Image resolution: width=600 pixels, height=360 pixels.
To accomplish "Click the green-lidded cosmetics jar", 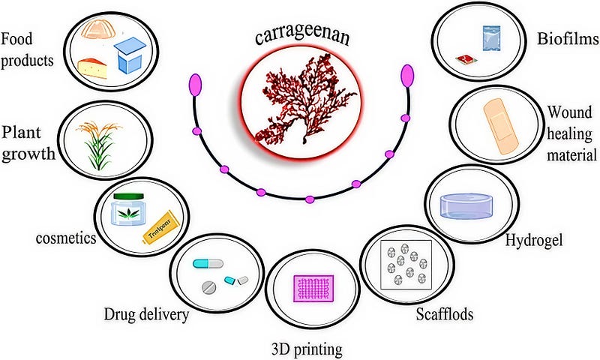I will (x=128, y=210).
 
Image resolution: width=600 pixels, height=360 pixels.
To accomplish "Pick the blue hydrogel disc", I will (x=471, y=206).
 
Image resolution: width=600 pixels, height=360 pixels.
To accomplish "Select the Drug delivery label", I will (x=146, y=314).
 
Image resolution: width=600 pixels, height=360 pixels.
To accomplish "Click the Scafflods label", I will (x=445, y=313).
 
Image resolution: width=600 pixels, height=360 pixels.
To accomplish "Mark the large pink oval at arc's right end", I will (x=408, y=76).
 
